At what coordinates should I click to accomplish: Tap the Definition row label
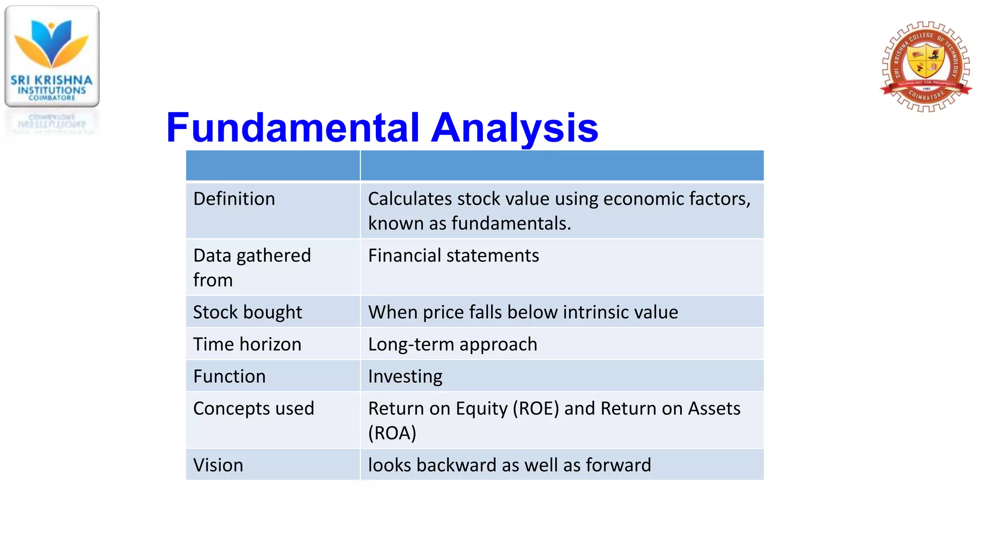click(x=234, y=199)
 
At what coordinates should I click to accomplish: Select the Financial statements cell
click(x=453, y=255)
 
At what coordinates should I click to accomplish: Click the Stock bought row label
click(x=247, y=312)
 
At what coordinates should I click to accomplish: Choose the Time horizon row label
click(x=247, y=344)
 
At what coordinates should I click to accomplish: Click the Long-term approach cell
click(x=452, y=344)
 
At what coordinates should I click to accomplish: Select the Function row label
click(x=229, y=376)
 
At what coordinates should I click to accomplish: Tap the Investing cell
click(x=405, y=376)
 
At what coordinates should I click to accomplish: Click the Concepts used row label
click(x=253, y=409)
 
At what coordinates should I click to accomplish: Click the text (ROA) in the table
click(x=392, y=433)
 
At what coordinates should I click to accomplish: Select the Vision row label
click(x=218, y=465)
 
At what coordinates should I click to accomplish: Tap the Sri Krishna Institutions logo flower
click(x=52, y=43)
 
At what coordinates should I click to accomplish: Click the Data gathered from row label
click(x=252, y=267)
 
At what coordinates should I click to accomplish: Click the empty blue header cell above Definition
click(x=273, y=165)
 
